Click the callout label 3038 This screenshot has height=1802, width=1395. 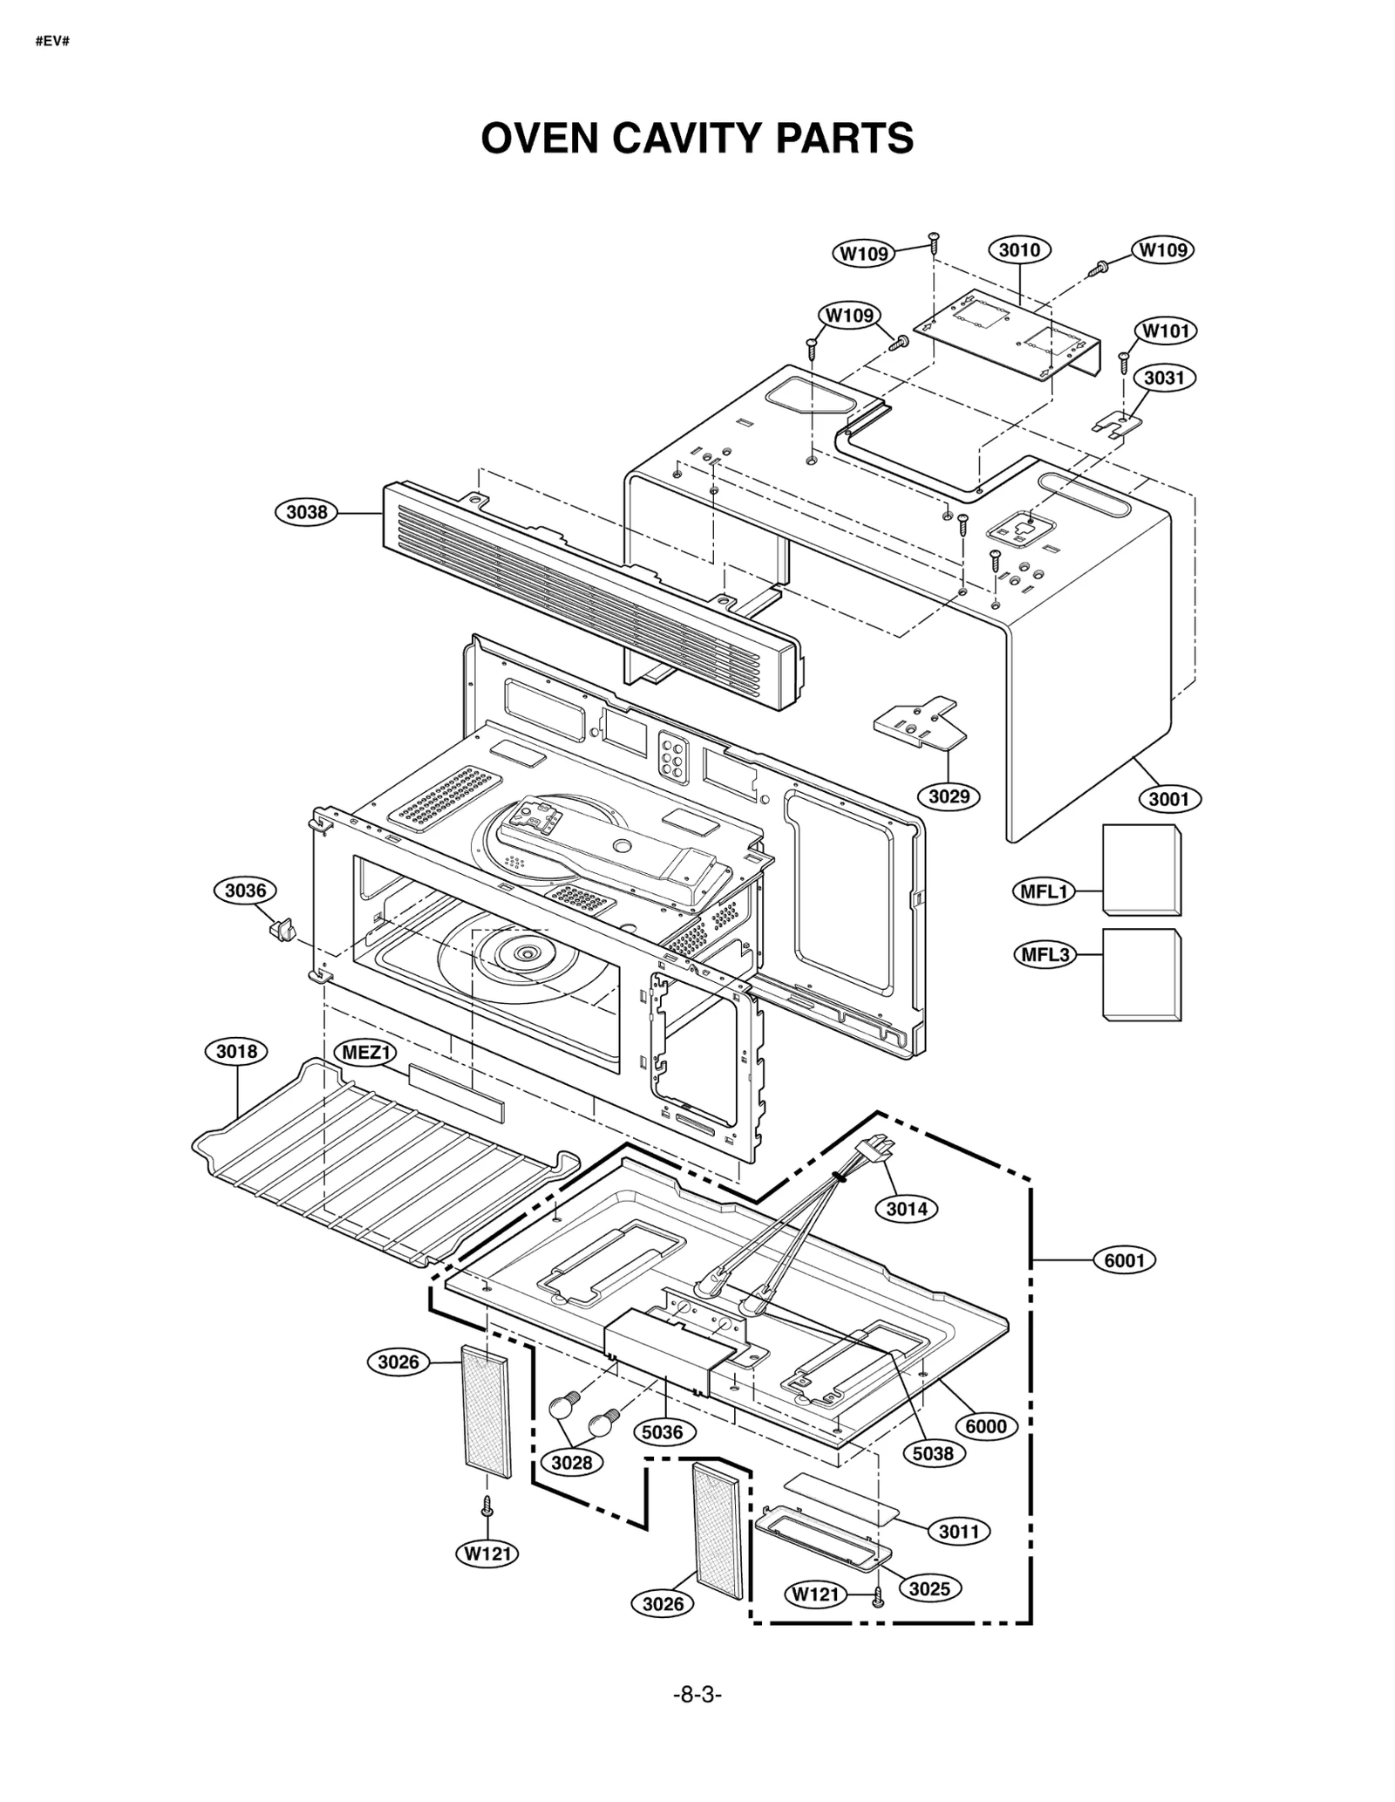(x=307, y=512)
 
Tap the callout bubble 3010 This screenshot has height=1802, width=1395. (x=1019, y=250)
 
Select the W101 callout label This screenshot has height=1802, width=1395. (x=1166, y=331)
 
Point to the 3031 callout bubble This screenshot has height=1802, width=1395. (x=1164, y=378)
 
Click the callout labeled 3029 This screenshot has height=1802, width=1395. (x=949, y=796)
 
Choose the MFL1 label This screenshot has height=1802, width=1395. (x=1045, y=891)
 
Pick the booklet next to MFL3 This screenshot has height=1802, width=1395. (x=1141, y=974)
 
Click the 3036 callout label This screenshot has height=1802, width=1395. (x=245, y=891)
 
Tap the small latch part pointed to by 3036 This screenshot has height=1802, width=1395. (x=279, y=930)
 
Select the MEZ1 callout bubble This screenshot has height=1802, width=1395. (x=365, y=1052)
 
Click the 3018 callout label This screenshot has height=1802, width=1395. (x=236, y=1051)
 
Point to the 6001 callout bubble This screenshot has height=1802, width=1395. (x=1124, y=1260)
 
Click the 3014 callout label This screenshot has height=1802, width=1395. (x=907, y=1209)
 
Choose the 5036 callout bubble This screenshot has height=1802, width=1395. (x=663, y=1432)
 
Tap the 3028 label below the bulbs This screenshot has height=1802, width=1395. (x=572, y=1463)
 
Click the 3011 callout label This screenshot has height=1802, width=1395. (x=959, y=1532)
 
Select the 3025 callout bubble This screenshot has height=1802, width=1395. (x=929, y=1588)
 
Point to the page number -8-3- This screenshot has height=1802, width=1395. (x=697, y=1695)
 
